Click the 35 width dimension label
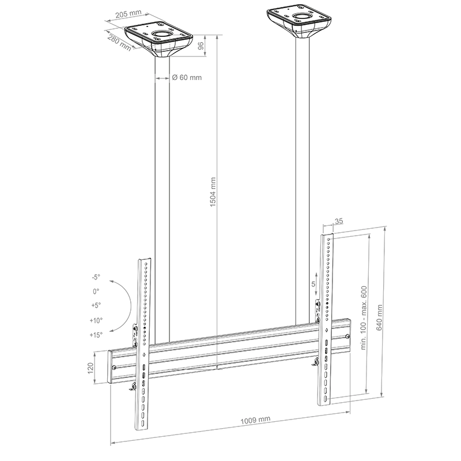click(339, 220)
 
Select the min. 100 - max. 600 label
click(364, 318)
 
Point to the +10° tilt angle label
click(96, 320)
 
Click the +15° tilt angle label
click(96, 335)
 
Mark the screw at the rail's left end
click(114, 368)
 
